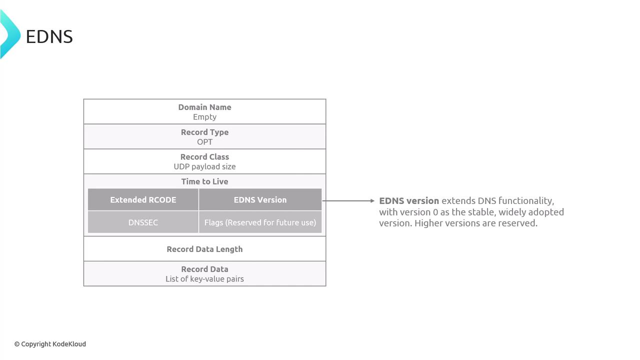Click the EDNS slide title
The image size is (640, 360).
49,36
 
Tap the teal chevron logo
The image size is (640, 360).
10,34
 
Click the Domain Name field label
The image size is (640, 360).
204,107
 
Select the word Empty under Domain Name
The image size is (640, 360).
204,117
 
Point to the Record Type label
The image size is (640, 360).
204,132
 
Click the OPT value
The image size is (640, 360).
204,142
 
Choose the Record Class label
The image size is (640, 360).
204,157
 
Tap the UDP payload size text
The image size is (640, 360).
204,166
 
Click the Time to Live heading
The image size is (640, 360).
204,181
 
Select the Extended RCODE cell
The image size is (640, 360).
143,199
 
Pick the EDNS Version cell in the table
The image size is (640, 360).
260,199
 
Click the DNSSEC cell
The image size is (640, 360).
143,222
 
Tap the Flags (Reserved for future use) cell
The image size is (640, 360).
260,222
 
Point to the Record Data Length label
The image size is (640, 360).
204,249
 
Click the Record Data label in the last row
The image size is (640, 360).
204,269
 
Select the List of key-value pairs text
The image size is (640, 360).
204,279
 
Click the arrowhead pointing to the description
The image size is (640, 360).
372,201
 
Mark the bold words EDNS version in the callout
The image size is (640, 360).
409,201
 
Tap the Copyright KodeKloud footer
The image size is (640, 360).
50,344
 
